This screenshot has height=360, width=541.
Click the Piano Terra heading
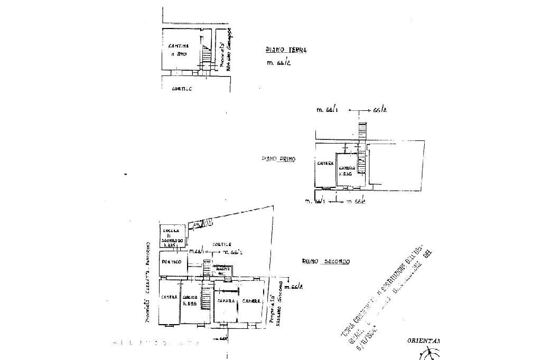point(285,51)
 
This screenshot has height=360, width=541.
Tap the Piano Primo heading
point(278,158)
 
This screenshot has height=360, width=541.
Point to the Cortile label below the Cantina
point(181,88)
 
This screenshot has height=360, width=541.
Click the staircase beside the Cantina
point(206,54)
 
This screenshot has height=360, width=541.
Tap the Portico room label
point(172,262)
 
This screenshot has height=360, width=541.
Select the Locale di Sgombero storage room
point(172,236)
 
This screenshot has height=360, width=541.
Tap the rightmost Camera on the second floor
point(251,301)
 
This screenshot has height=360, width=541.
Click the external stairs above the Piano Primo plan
point(361,129)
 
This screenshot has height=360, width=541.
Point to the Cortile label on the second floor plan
point(220,245)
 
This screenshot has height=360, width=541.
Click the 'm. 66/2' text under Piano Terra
point(279,64)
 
